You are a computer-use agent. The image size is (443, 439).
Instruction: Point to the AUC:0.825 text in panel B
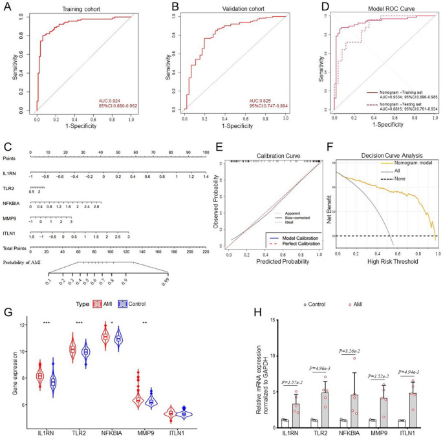pos(261,100)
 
